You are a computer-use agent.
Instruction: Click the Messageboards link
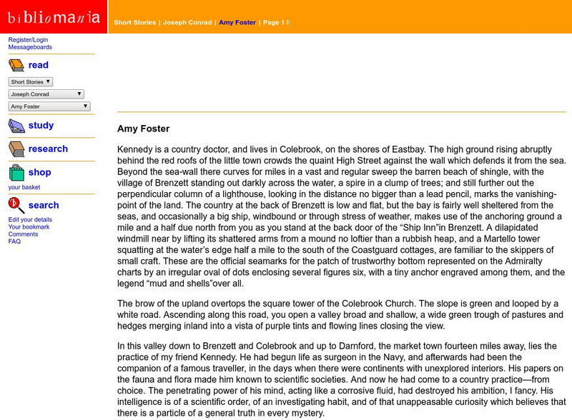click(x=30, y=47)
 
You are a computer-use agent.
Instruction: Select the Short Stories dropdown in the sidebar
click(x=30, y=82)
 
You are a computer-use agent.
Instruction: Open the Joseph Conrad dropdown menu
click(x=46, y=94)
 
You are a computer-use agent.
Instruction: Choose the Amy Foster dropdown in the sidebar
click(x=49, y=106)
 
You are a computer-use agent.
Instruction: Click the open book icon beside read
click(x=16, y=66)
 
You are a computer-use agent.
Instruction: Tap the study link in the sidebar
click(x=41, y=126)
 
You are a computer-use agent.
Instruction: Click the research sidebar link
click(x=48, y=149)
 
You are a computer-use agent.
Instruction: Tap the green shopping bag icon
click(x=16, y=173)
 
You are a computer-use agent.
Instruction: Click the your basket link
click(x=24, y=187)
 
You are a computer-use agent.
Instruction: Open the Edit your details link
click(x=30, y=219)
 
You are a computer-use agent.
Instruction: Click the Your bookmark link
click(x=29, y=227)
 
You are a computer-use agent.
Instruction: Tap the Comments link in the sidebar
click(x=23, y=234)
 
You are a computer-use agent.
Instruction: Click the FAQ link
click(x=14, y=241)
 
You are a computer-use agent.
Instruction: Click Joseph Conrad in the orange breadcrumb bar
click(x=187, y=23)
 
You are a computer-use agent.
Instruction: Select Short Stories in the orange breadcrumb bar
click(x=135, y=23)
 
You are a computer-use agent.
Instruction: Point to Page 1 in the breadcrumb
click(x=272, y=23)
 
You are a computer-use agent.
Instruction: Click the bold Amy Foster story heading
click(x=143, y=129)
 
